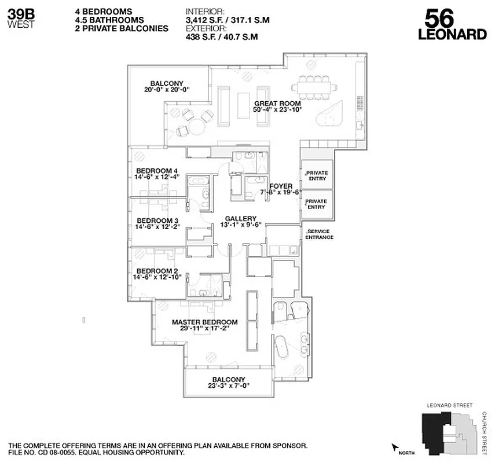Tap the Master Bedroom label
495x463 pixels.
(204, 322)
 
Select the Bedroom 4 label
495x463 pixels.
(156, 171)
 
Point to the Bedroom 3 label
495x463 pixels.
(156, 221)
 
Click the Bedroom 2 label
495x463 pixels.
(156, 270)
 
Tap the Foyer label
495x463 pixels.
(281, 186)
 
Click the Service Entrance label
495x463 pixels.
(320, 234)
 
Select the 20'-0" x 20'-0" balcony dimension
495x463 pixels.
(167, 89)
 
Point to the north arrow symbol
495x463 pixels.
(395, 447)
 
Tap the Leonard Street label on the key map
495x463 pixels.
(449, 406)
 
